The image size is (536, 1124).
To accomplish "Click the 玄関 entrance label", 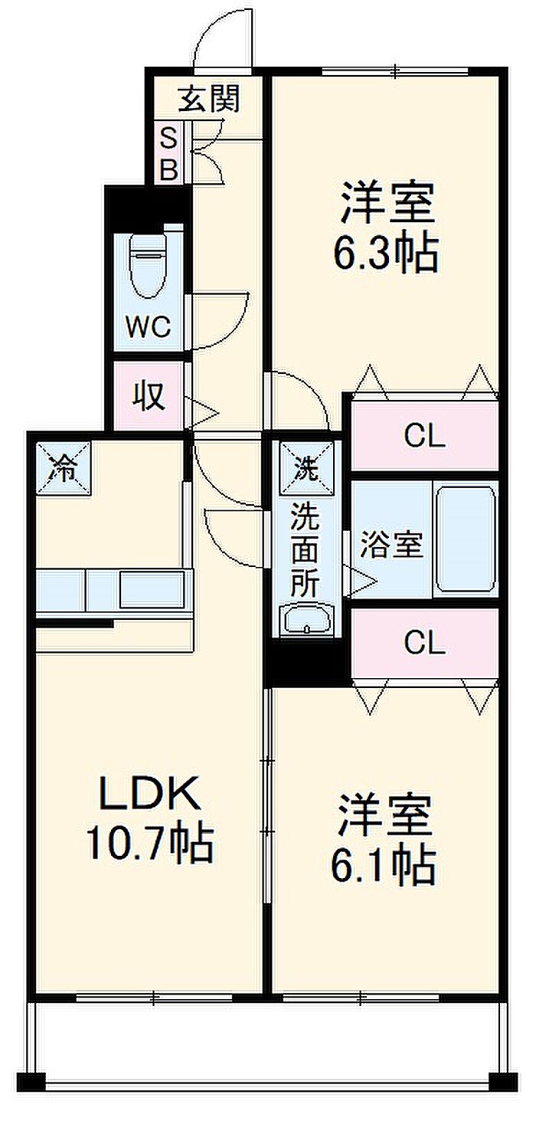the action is pyautogui.click(x=210, y=98).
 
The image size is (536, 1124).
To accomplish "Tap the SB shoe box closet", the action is pyautogui.click(x=168, y=152).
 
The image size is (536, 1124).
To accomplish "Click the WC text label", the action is pyautogui.click(x=148, y=326).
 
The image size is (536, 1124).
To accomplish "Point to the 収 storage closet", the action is pyautogui.click(x=148, y=396).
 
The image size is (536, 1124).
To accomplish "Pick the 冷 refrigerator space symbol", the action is pyautogui.click(x=63, y=469).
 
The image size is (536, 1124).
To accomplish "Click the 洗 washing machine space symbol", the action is pyautogui.click(x=306, y=469).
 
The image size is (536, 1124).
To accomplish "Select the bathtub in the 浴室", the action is pyautogui.click(x=466, y=539).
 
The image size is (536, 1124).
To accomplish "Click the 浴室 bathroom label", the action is pyautogui.click(x=391, y=545).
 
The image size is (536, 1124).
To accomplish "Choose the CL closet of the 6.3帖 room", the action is pyautogui.click(x=424, y=435).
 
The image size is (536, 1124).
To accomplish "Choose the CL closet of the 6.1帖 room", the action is pyautogui.click(x=424, y=643).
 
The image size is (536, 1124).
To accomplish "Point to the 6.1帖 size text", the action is pyautogui.click(x=383, y=867).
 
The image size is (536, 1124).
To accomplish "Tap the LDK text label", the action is pyautogui.click(x=150, y=793).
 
